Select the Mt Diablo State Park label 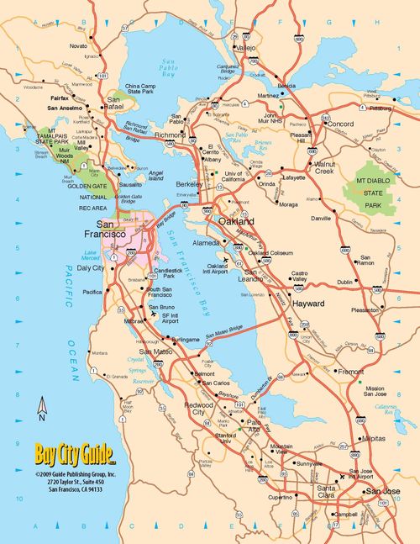pyautogui.click(x=365, y=193)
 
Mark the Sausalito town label pyautogui.click(x=131, y=182)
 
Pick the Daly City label pyautogui.click(x=91, y=267)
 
